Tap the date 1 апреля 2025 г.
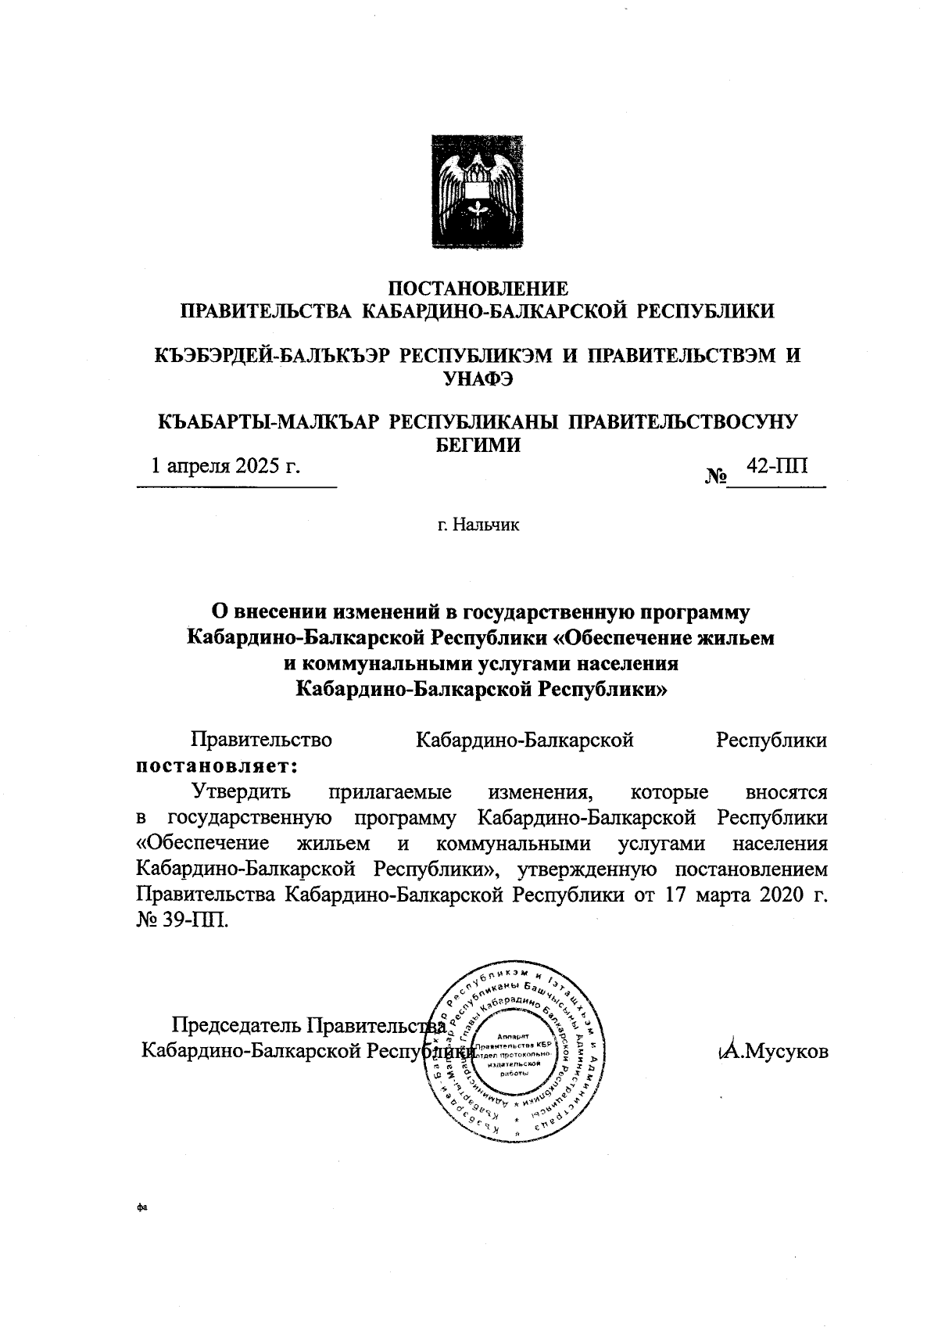click(x=226, y=466)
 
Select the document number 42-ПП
click(x=778, y=466)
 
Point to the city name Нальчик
click(x=478, y=524)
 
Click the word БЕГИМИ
click(x=478, y=444)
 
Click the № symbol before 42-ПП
click(x=716, y=475)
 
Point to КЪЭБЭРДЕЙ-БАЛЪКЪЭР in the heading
click(x=272, y=355)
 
